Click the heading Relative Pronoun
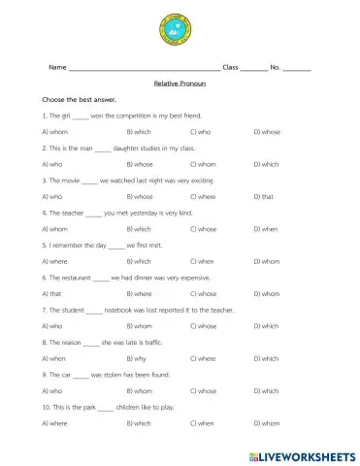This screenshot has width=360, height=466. pyautogui.click(x=180, y=83)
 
